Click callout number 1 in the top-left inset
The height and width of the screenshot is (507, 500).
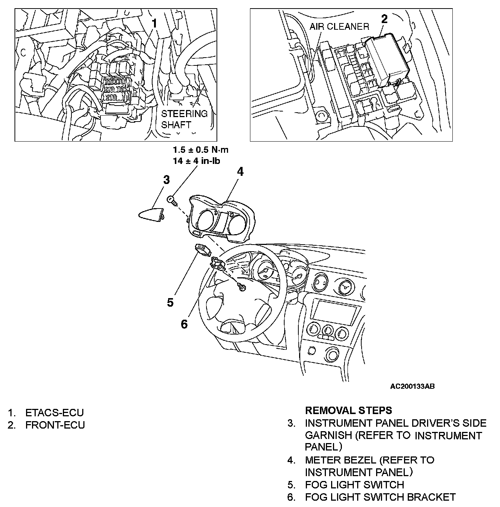coord(154,23)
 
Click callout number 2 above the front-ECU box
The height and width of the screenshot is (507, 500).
coord(384,19)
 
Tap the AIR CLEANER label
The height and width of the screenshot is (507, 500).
coord(339,26)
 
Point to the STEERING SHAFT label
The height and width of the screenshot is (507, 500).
coord(184,119)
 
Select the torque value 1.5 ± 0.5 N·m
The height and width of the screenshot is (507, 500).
coord(201,150)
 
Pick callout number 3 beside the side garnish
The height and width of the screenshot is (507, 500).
coord(166,180)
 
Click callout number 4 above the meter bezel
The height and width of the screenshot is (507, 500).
coord(240,172)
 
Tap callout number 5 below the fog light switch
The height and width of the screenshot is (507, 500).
coord(170,303)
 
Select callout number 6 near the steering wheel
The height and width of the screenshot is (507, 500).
coord(184,324)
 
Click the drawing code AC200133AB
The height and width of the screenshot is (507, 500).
coord(412,387)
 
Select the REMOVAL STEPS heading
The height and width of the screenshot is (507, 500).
coord(348,410)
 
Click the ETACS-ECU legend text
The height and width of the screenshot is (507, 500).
coord(54,413)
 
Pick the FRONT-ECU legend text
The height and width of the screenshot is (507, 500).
coord(55,425)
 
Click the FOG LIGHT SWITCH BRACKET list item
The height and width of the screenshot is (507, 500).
coord(380,497)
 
